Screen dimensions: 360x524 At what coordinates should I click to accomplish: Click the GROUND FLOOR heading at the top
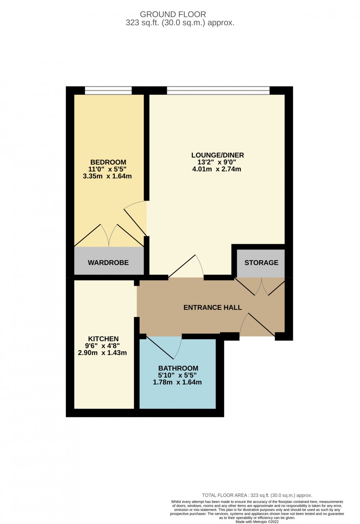(x=173, y=14)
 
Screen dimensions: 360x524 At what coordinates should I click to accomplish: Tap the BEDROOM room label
(x=108, y=162)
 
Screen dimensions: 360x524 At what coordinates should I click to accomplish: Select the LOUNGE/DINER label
(x=218, y=155)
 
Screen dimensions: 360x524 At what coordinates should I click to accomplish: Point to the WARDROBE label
(x=108, y=263)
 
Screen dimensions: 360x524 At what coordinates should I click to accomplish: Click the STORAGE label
(x=262, y=263)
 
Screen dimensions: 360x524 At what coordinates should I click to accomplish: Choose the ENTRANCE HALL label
(x=212, y=307)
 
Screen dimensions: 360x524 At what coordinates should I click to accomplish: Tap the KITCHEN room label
(x=103, y=339)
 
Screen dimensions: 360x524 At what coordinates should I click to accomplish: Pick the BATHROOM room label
(x=178, y=368)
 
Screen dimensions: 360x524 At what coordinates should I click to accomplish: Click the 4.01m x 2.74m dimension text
(x=216, y=169)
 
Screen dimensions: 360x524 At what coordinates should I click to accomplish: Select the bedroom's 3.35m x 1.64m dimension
(x=107, y=176)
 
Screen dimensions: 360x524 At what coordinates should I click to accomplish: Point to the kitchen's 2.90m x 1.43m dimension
(x=102, y=353)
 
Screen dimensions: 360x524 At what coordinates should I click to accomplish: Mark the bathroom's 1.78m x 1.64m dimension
(x=177, y=382)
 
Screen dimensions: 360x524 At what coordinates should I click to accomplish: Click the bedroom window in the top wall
(x=108, y=90)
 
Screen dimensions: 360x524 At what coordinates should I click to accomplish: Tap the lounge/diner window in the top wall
(x=218, y=90)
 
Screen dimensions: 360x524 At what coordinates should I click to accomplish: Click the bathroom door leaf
(x=160, y=347)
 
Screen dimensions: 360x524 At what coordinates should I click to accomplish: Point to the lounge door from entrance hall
(x=182, y=266)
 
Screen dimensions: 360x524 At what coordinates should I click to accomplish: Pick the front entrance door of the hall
(x=262, y=325)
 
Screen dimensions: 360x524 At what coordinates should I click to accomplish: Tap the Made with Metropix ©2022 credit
(x=257, y=522)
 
